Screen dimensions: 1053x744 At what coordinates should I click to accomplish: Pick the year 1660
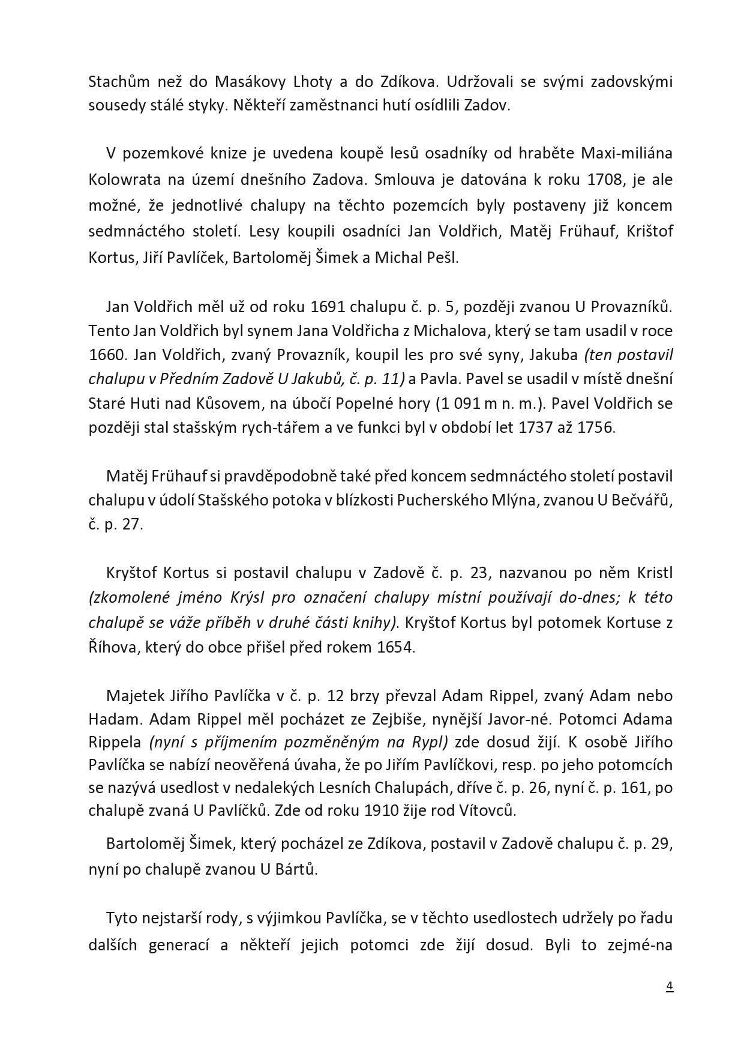[x=107, y=355]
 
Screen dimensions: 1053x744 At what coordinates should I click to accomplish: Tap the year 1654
[x=396, y=648]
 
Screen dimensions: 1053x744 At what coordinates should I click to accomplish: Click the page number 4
[x=670, y=986]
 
